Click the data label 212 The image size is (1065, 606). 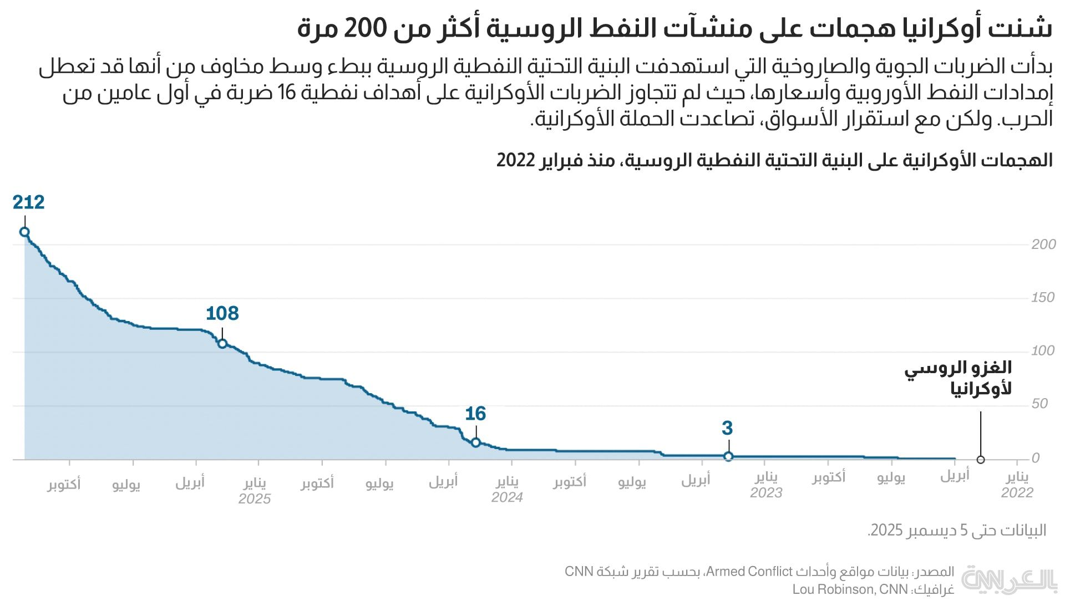click(28, 202)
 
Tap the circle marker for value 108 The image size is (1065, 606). click(222, 344)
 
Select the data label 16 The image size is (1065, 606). click(475, 414)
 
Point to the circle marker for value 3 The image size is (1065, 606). click(728, 456)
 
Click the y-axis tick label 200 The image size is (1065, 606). click(1043, 245)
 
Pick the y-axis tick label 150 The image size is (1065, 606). click(1043, 298)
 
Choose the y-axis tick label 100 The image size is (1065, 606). click(1043, 351)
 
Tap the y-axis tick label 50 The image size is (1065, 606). click(1039, 404)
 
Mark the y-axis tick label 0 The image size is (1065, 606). click(1036, 459)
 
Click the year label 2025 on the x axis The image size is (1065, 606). click(255, 498)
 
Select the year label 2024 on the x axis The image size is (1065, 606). click(507, 497)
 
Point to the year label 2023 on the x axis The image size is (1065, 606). click(766, 492)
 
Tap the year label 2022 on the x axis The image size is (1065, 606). click(1017, 492)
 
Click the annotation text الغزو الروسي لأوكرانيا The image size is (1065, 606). click(958, 378)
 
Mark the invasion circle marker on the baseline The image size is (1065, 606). click(981, 460)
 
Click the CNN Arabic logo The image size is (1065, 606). click(1009, 580)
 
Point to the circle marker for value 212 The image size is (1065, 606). click(24, 232)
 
